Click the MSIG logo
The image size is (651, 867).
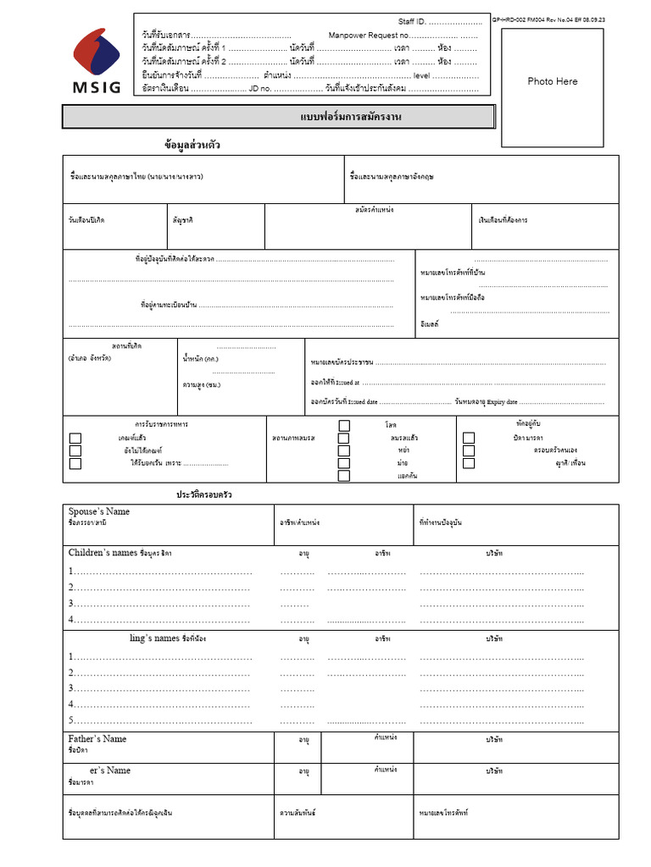click(x=96, y=61)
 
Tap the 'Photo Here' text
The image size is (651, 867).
click(x=552, y=81)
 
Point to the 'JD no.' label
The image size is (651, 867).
click(x=259, y=88)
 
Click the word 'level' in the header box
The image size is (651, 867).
click(x=421, y=75)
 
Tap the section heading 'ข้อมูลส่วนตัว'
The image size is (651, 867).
click(x=192, y=145)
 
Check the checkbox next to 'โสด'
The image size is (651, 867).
click(x=344, y=426)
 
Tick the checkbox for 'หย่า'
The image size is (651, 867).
click(x=343, y=450)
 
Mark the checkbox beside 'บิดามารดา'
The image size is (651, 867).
click(x=469, y=438)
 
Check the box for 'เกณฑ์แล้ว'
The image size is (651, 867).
click(x=75, y=438)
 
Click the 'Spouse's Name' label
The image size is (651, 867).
click(x=99, y=511)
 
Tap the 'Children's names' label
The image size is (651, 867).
click(x=102, y=553)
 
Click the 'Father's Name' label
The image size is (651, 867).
click(x=97, y=739)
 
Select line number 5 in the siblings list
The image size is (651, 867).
click(x=72, y=721)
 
